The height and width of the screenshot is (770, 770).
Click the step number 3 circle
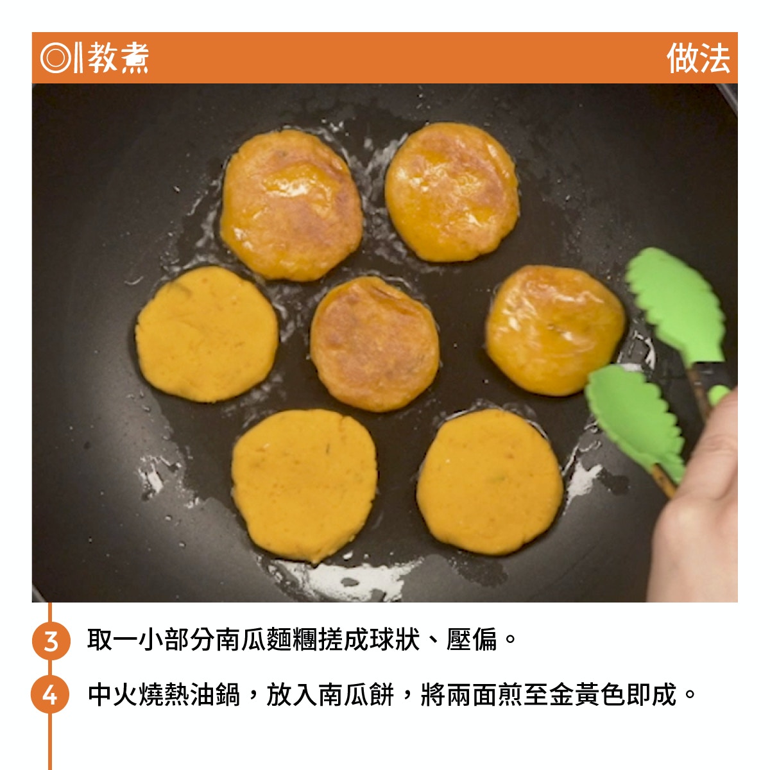coord(51,641)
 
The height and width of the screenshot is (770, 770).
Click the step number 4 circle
coord(50,695)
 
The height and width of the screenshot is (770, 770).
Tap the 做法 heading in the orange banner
coord(697,58)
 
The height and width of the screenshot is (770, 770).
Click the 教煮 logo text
coord(118,58)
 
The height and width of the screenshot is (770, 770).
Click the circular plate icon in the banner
coord(56,58)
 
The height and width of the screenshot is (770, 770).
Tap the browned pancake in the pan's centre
coord(375,344)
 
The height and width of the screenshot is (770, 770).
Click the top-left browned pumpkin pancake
coord(291,205)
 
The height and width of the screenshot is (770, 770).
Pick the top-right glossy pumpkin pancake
coord(452,192)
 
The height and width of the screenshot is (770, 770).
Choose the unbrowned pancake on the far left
coord(207,334)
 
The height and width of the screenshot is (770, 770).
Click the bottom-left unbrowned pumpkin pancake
coord(305,486)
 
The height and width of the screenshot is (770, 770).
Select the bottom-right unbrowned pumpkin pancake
coord(490,481)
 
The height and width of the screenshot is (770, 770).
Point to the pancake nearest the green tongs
coord(556,330)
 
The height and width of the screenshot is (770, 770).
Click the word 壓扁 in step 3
coord(472,640)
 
